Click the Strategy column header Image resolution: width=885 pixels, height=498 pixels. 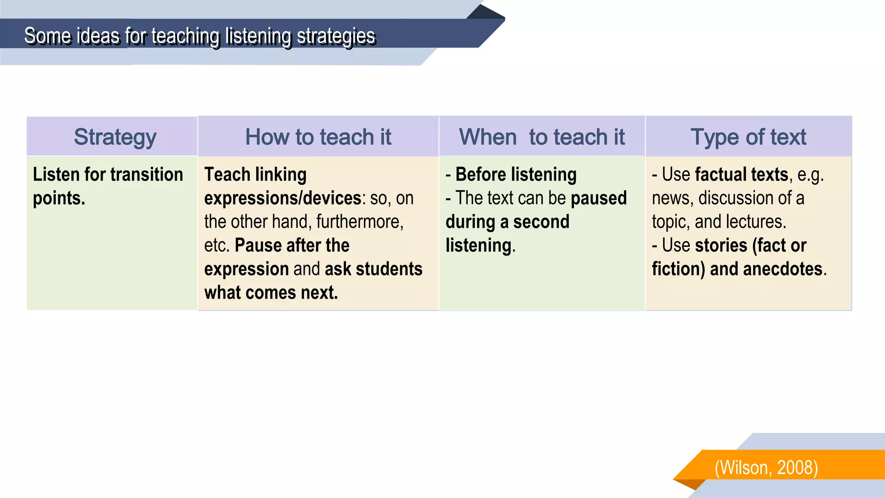tap(115, 137)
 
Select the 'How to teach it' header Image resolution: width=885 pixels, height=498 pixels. tap(318, 137)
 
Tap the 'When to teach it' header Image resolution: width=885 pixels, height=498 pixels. tap(541, 137)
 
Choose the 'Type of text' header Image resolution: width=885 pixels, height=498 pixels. tap(748, 137)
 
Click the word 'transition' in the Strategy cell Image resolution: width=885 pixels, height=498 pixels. tap(146, 175)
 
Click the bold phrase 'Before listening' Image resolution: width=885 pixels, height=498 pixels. tap(516, 175)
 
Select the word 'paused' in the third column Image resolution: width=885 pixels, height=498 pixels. tap(598, 198)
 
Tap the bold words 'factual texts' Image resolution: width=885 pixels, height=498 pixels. tap(742, 175)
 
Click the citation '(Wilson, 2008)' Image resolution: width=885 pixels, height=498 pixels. tap(766, 468)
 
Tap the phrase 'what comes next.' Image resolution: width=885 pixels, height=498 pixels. tap(271, 293)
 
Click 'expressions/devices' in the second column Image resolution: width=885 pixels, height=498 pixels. tap(283, 198)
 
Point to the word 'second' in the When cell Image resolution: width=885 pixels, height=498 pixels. tap(541, 222)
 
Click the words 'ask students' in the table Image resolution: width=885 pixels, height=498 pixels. tap(373, 269)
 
